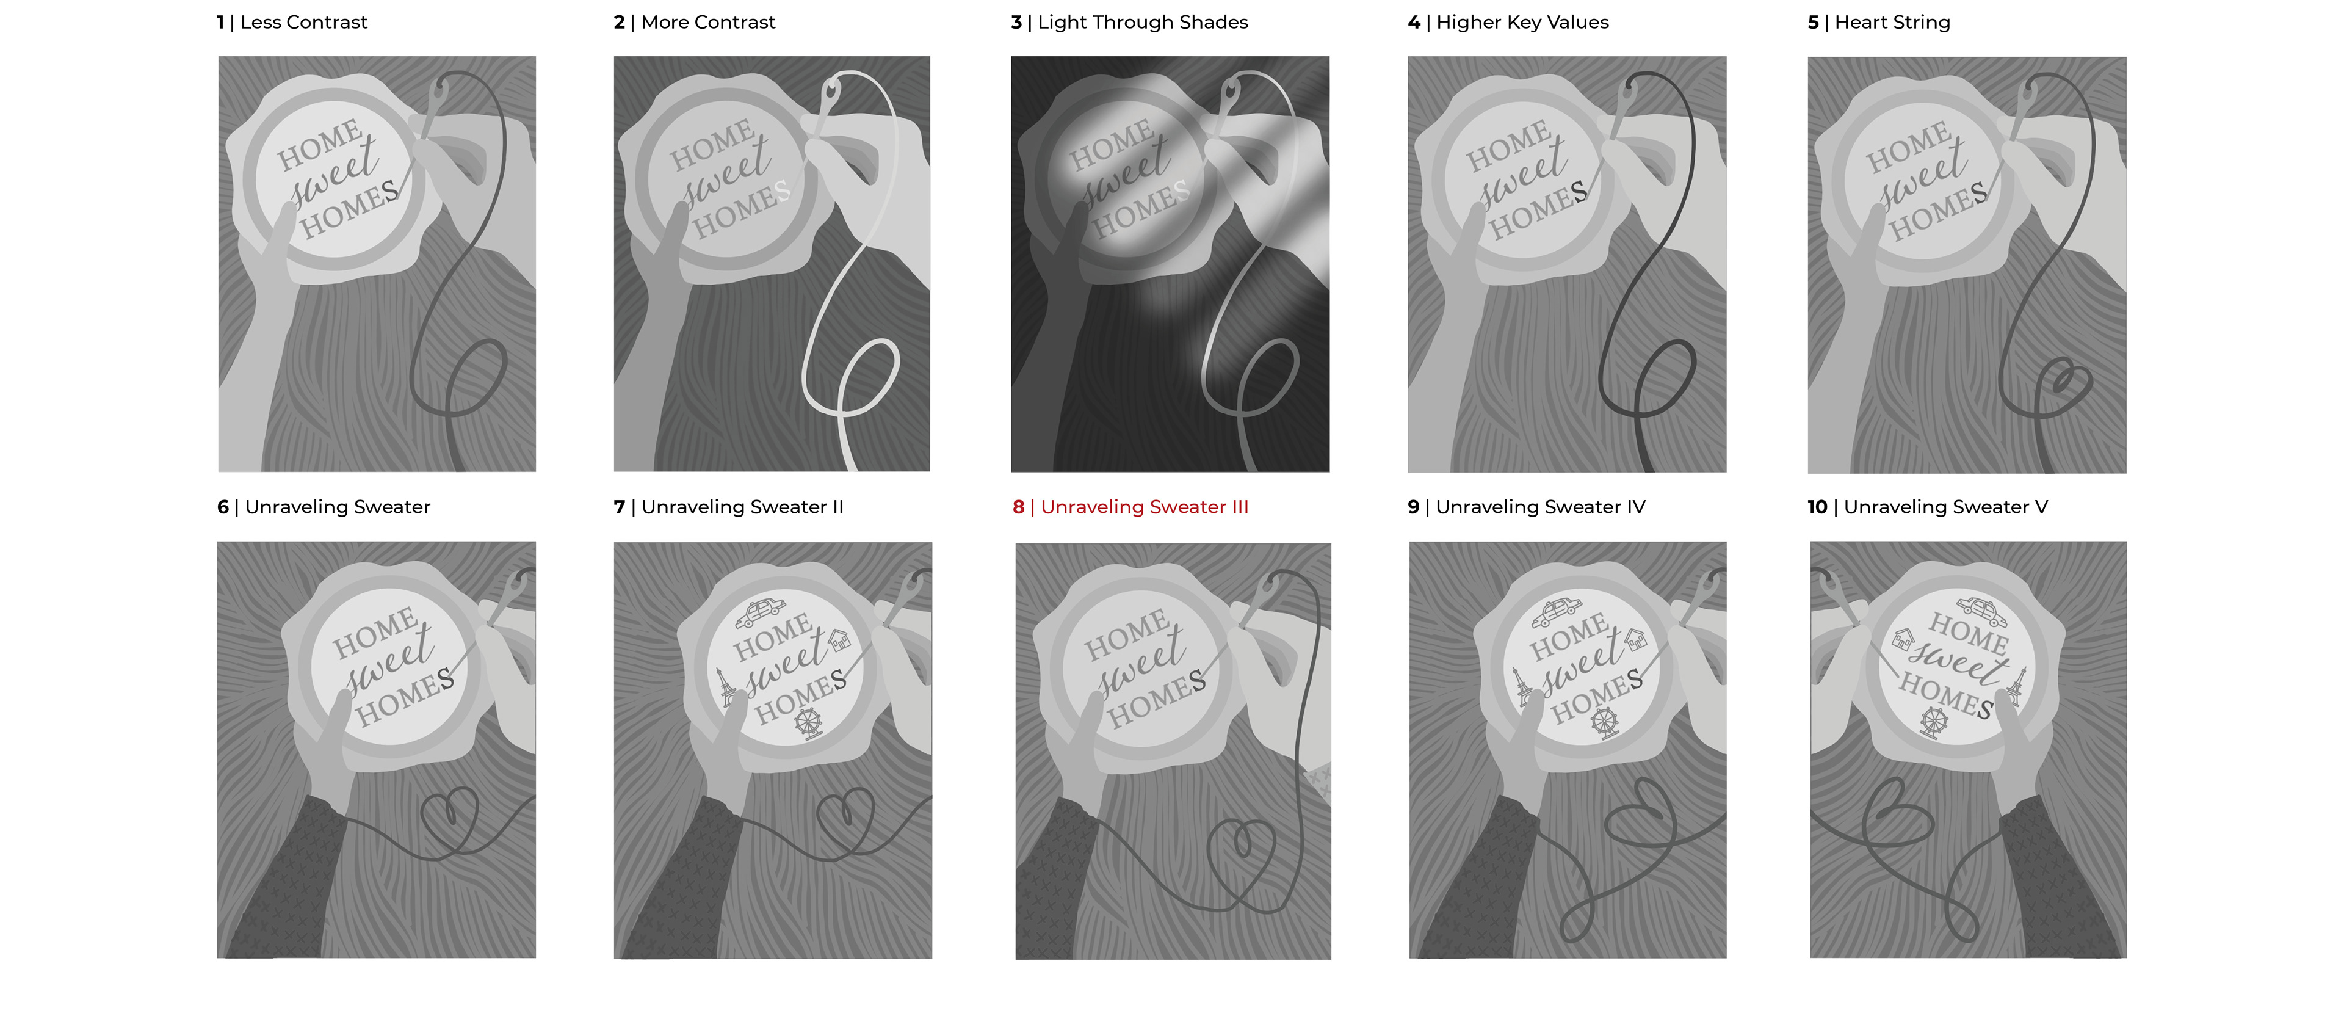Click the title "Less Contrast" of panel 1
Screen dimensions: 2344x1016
point(304,23)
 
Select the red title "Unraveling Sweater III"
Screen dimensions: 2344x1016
point(1145,507)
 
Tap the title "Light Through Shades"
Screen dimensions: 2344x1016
point(1143,23)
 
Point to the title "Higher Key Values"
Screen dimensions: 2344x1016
point(1522,23)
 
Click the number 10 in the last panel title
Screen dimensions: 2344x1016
point(1817,507)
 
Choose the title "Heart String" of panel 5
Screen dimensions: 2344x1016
point(1893,23)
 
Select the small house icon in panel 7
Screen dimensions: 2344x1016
point(839,639)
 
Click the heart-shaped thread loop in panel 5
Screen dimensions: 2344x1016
point(2062,387)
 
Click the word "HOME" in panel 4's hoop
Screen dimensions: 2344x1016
point(1509,146)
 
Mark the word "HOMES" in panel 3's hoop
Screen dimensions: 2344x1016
point(1141,208)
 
